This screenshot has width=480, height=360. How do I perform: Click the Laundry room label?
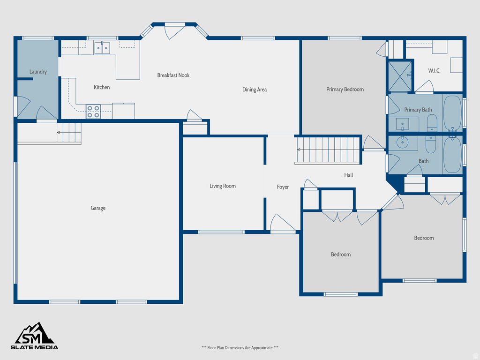[x=38, y=72]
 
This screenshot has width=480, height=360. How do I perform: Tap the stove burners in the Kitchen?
[x=93, y=111]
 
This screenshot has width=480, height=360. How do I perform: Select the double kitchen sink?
[x=102, y=47]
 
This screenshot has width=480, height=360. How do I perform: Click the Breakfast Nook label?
[x=173, y=75]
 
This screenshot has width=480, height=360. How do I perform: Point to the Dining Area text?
[x=255, y=90]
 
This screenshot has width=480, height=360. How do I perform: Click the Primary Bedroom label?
[x=345, y=89]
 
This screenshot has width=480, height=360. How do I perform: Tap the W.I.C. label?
[x=434, y=71]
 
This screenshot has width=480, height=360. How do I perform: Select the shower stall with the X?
[x=399, y=75]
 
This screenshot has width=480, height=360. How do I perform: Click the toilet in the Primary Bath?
[x=432, y=124]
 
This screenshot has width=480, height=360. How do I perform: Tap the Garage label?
[x=98, y=208]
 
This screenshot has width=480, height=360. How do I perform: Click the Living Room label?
[x=223, y=186]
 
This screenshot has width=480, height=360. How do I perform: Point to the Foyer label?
[x=283, y=187]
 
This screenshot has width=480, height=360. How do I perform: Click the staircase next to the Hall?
[x=328, y=150]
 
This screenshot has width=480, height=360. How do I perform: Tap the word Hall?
[x=348, y=175]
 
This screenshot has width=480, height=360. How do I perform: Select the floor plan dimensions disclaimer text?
[x=240, y=348]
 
